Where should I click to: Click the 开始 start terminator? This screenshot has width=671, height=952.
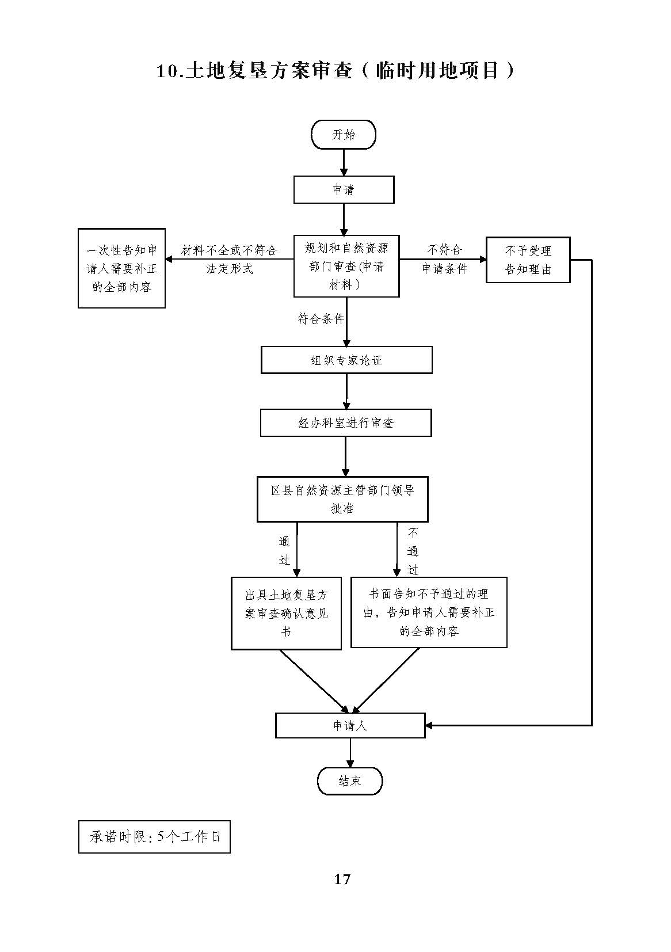(344, 134)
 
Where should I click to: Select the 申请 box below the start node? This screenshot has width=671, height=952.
(344, 189)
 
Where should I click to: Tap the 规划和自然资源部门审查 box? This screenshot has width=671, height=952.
(346, 266)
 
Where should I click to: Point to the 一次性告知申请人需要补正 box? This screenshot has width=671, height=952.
(121, 268)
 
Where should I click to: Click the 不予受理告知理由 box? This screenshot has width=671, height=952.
(528, 260)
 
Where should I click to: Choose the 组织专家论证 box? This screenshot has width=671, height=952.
(346, 360)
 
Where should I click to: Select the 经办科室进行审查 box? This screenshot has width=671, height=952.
(346, 422)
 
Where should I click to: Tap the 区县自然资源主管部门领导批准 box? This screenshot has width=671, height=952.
(342, 499)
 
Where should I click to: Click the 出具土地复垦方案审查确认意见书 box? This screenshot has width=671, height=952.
(286, 613)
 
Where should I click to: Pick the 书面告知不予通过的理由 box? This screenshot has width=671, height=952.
(429, 612)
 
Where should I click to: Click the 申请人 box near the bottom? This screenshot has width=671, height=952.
(350, 725)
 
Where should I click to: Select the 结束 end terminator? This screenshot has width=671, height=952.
(350, 781)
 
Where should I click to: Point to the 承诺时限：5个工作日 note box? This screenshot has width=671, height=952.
(154, 837)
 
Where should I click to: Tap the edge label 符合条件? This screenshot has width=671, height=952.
(321, 319)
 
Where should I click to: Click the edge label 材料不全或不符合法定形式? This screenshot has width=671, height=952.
(230, 259)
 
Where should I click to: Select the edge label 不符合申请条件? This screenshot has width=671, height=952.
(444, 259)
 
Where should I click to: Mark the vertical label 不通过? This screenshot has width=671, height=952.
(413, 551)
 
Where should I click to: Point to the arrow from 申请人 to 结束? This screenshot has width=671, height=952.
(350, 753)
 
